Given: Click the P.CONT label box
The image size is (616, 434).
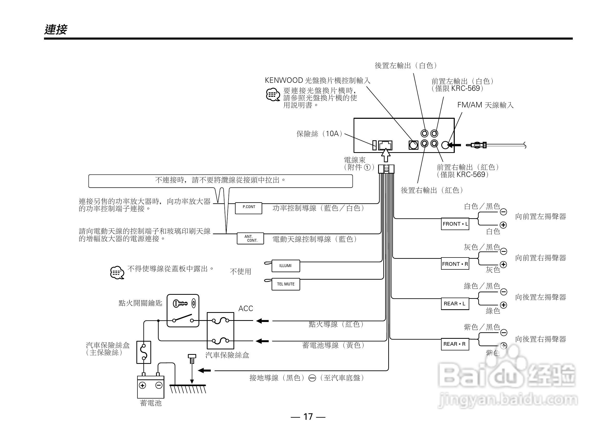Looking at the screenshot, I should tap(248, 208).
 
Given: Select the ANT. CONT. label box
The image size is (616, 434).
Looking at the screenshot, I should tap(250, 238).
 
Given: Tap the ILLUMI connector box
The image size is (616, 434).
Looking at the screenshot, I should tap(285, 266).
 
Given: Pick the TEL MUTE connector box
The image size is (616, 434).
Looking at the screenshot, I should tap(286, 284).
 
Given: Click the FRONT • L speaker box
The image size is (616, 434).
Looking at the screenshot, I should tap(455, 224).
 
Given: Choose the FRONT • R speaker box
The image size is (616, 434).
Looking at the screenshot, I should tap(455, 264).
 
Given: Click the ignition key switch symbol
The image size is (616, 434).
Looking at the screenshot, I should tap(183, 311).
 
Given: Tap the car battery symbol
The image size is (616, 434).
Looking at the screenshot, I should tap(151, 386).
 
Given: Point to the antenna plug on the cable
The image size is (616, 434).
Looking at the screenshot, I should tap(477, 145).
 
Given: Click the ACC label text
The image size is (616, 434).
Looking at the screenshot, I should tap(245, 309).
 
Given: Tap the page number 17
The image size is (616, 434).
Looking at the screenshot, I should tap(308, 417).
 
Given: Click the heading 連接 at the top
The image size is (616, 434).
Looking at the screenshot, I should tap(56, 29).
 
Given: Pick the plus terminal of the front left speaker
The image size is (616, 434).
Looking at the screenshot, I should tap(503, 225).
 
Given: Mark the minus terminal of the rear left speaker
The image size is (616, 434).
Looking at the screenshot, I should tap(504, 292).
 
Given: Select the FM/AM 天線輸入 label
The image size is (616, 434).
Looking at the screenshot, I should tap(485, 105).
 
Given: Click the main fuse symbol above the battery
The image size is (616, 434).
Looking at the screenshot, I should tap(144, 352).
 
